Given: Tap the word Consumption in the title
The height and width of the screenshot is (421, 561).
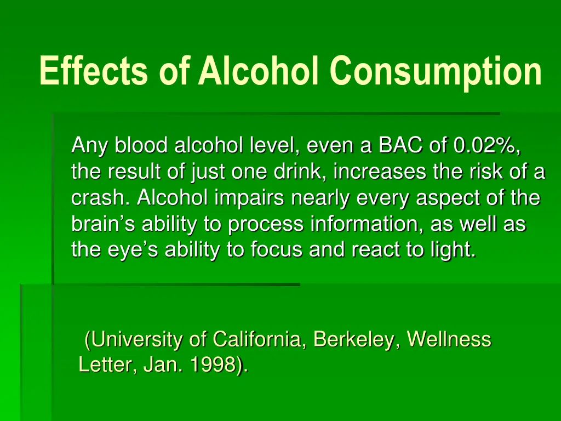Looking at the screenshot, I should tap(436, 71).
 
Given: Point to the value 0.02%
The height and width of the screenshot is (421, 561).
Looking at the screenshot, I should tap(484, 146).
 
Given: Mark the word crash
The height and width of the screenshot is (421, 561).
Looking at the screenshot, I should tap(102, 198).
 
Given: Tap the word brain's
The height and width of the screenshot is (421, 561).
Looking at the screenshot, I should tap(104, 224).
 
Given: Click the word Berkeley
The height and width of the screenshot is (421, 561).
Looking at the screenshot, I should tap(357, 340).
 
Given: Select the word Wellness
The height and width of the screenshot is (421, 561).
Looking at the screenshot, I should tap(449, 340).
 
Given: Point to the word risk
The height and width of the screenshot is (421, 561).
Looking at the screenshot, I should tap(487, 172).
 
